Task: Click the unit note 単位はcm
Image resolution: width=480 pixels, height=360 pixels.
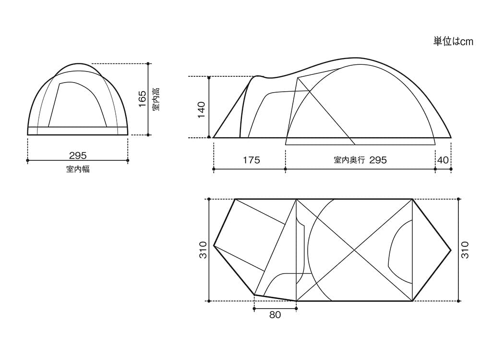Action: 453,42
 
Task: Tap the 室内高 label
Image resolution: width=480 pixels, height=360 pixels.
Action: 156,99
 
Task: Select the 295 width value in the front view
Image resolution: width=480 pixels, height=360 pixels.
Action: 78,156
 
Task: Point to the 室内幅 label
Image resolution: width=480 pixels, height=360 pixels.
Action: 78,169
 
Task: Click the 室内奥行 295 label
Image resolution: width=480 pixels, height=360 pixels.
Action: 360,160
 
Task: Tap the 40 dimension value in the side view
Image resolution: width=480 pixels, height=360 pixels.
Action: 443,160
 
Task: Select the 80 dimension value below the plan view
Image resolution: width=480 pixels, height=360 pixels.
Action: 275,315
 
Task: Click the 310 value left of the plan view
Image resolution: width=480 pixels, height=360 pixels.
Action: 204,250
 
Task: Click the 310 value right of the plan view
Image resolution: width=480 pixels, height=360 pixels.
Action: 465,250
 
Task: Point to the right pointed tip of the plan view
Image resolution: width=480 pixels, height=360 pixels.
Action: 451,250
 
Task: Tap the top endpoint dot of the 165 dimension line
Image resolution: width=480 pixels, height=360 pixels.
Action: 148,63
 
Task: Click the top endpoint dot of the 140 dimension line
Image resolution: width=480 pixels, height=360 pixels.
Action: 210,77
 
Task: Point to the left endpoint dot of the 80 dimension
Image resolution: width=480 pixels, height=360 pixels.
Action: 254,309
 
